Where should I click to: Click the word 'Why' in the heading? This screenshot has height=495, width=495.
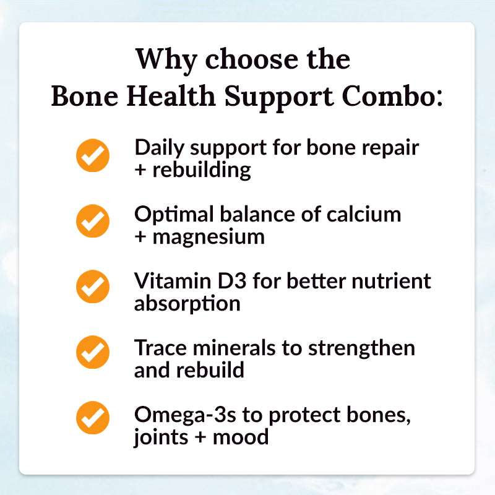coord(166,61)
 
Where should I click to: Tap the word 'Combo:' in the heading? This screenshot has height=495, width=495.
coord(392,96)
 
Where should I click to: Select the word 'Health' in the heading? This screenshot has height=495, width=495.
coord(171,96)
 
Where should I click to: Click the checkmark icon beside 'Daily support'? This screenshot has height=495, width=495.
coord(93,155)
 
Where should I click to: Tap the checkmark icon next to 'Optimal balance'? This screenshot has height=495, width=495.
coord(93,221)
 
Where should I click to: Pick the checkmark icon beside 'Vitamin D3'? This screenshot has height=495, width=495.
coord(93,286)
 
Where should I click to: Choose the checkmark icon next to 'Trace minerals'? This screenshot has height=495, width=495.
coord(93,352)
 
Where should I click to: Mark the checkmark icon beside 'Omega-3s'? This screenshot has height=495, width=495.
coord(93,418)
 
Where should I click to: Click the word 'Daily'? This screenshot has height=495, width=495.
coord(160,148)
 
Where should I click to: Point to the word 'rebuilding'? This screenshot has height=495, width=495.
coord(202,170)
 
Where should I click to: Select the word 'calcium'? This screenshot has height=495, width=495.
coord(364,214)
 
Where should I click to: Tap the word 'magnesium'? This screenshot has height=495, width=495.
coord(209,238)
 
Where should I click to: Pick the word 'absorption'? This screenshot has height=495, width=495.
coord(187,304)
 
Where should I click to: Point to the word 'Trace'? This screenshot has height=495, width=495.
coord(160,348)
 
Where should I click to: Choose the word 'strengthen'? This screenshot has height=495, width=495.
coord(361,348)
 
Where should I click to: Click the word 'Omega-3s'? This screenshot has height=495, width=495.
coord(185,415)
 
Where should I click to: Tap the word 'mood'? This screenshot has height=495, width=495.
coord(241,437)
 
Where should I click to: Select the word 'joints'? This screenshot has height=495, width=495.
coord(161,438)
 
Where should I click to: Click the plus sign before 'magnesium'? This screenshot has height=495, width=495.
coord(140,238)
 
